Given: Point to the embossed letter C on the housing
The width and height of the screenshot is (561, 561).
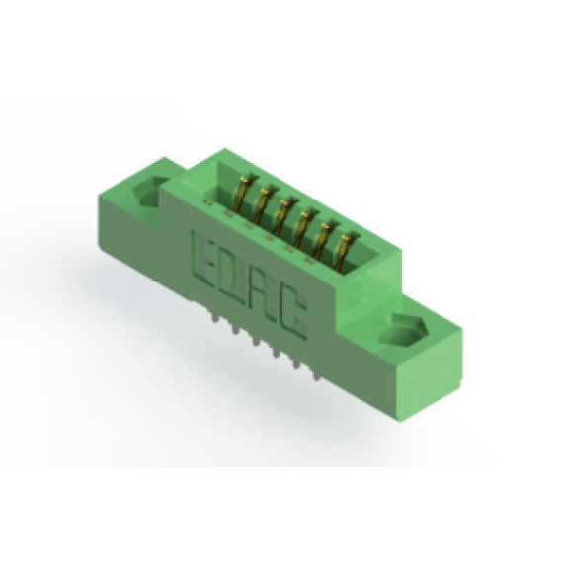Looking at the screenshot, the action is pyautogui.click(x=293, y=316).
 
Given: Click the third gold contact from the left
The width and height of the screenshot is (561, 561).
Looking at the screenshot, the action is pyautogui.click(x=284, y=215).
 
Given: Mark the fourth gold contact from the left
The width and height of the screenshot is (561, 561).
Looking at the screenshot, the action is pyautogui.click(x=304, y=227).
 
